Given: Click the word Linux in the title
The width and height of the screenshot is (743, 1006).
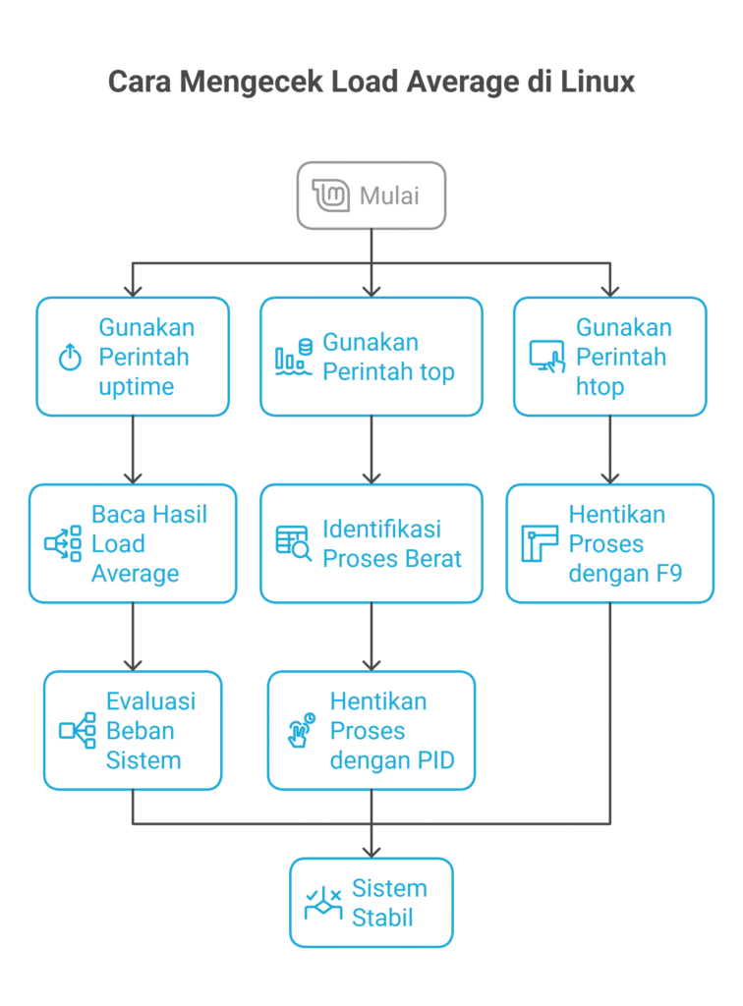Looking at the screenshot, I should (x=598, y=81).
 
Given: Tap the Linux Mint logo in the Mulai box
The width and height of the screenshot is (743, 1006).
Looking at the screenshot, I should (x=330, y=196).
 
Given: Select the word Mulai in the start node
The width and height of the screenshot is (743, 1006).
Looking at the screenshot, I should (x=389, y=196).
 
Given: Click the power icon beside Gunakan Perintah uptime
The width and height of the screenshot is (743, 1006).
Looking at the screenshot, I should (x=70, y=358).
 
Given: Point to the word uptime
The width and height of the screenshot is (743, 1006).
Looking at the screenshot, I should (x=136, y=386).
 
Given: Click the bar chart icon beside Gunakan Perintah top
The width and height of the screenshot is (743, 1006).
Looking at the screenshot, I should (x=293, y=358).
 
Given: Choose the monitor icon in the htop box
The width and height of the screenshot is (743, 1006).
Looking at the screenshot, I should (x=546, y=357).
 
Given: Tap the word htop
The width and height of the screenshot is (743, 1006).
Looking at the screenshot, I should (x=600, y=386).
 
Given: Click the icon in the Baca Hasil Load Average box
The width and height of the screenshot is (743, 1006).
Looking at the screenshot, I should (x=63, y=543).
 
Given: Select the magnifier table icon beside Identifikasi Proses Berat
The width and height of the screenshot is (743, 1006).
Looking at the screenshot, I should (x=293, y=543).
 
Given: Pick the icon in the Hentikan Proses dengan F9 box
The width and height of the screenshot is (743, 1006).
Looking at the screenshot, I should (x=539, y=543).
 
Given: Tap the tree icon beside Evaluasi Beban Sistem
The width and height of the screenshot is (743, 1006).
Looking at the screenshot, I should (x=77, y=730).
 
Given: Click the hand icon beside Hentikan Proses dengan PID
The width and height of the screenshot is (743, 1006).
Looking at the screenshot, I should (x=301, y=730).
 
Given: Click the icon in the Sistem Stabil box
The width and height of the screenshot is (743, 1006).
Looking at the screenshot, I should (x=322, y=903).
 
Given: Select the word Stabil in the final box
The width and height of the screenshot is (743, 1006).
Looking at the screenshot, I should (x=382, y=918).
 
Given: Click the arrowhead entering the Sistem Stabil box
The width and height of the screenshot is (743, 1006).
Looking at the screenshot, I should (x=371, y=851).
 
